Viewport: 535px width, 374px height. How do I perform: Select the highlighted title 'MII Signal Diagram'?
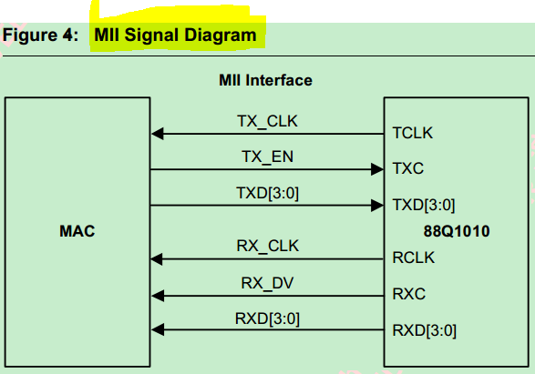(x=174, y=35)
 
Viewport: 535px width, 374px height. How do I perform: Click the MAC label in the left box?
(x=77, y=231)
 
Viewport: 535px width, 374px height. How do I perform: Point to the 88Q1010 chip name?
(x=456, y=231)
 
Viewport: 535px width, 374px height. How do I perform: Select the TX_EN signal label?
(x=268, y=156)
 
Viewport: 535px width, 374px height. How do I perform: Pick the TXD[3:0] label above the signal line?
(x=268, y=192)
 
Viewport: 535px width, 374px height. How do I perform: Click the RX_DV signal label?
(x=268, y=281)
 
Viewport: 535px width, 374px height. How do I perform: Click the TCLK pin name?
(x=413, y=134)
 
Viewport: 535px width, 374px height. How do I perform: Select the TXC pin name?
(x=407, y=169)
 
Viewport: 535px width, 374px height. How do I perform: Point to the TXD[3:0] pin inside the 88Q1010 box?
(x=424, y=205)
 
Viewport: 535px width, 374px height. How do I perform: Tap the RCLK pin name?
(x=414, y=259)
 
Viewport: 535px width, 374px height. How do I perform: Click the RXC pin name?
(x=408, y=295)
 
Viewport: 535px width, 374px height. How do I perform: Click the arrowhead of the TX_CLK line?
(x=158, y=134)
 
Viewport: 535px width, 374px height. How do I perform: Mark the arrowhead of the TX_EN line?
(x=377, y=169)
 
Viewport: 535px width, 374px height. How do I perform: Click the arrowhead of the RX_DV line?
(x=158, y=295)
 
